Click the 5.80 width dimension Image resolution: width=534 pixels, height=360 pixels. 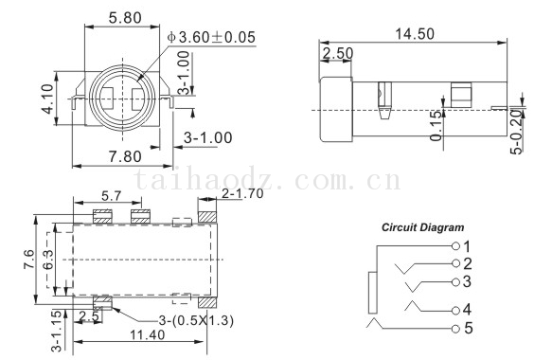125,18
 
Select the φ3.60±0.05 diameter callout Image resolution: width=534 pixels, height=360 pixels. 211,37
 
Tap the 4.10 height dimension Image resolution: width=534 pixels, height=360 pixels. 47,99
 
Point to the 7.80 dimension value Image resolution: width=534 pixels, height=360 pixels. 125,156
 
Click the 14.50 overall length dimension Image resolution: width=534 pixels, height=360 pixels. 415,34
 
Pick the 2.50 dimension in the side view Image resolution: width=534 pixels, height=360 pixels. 338,53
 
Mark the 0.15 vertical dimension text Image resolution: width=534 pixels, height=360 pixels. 436,125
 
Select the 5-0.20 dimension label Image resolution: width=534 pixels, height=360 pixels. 516,132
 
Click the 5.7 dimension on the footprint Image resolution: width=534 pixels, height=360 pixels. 112,196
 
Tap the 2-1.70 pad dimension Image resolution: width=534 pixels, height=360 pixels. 242,193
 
